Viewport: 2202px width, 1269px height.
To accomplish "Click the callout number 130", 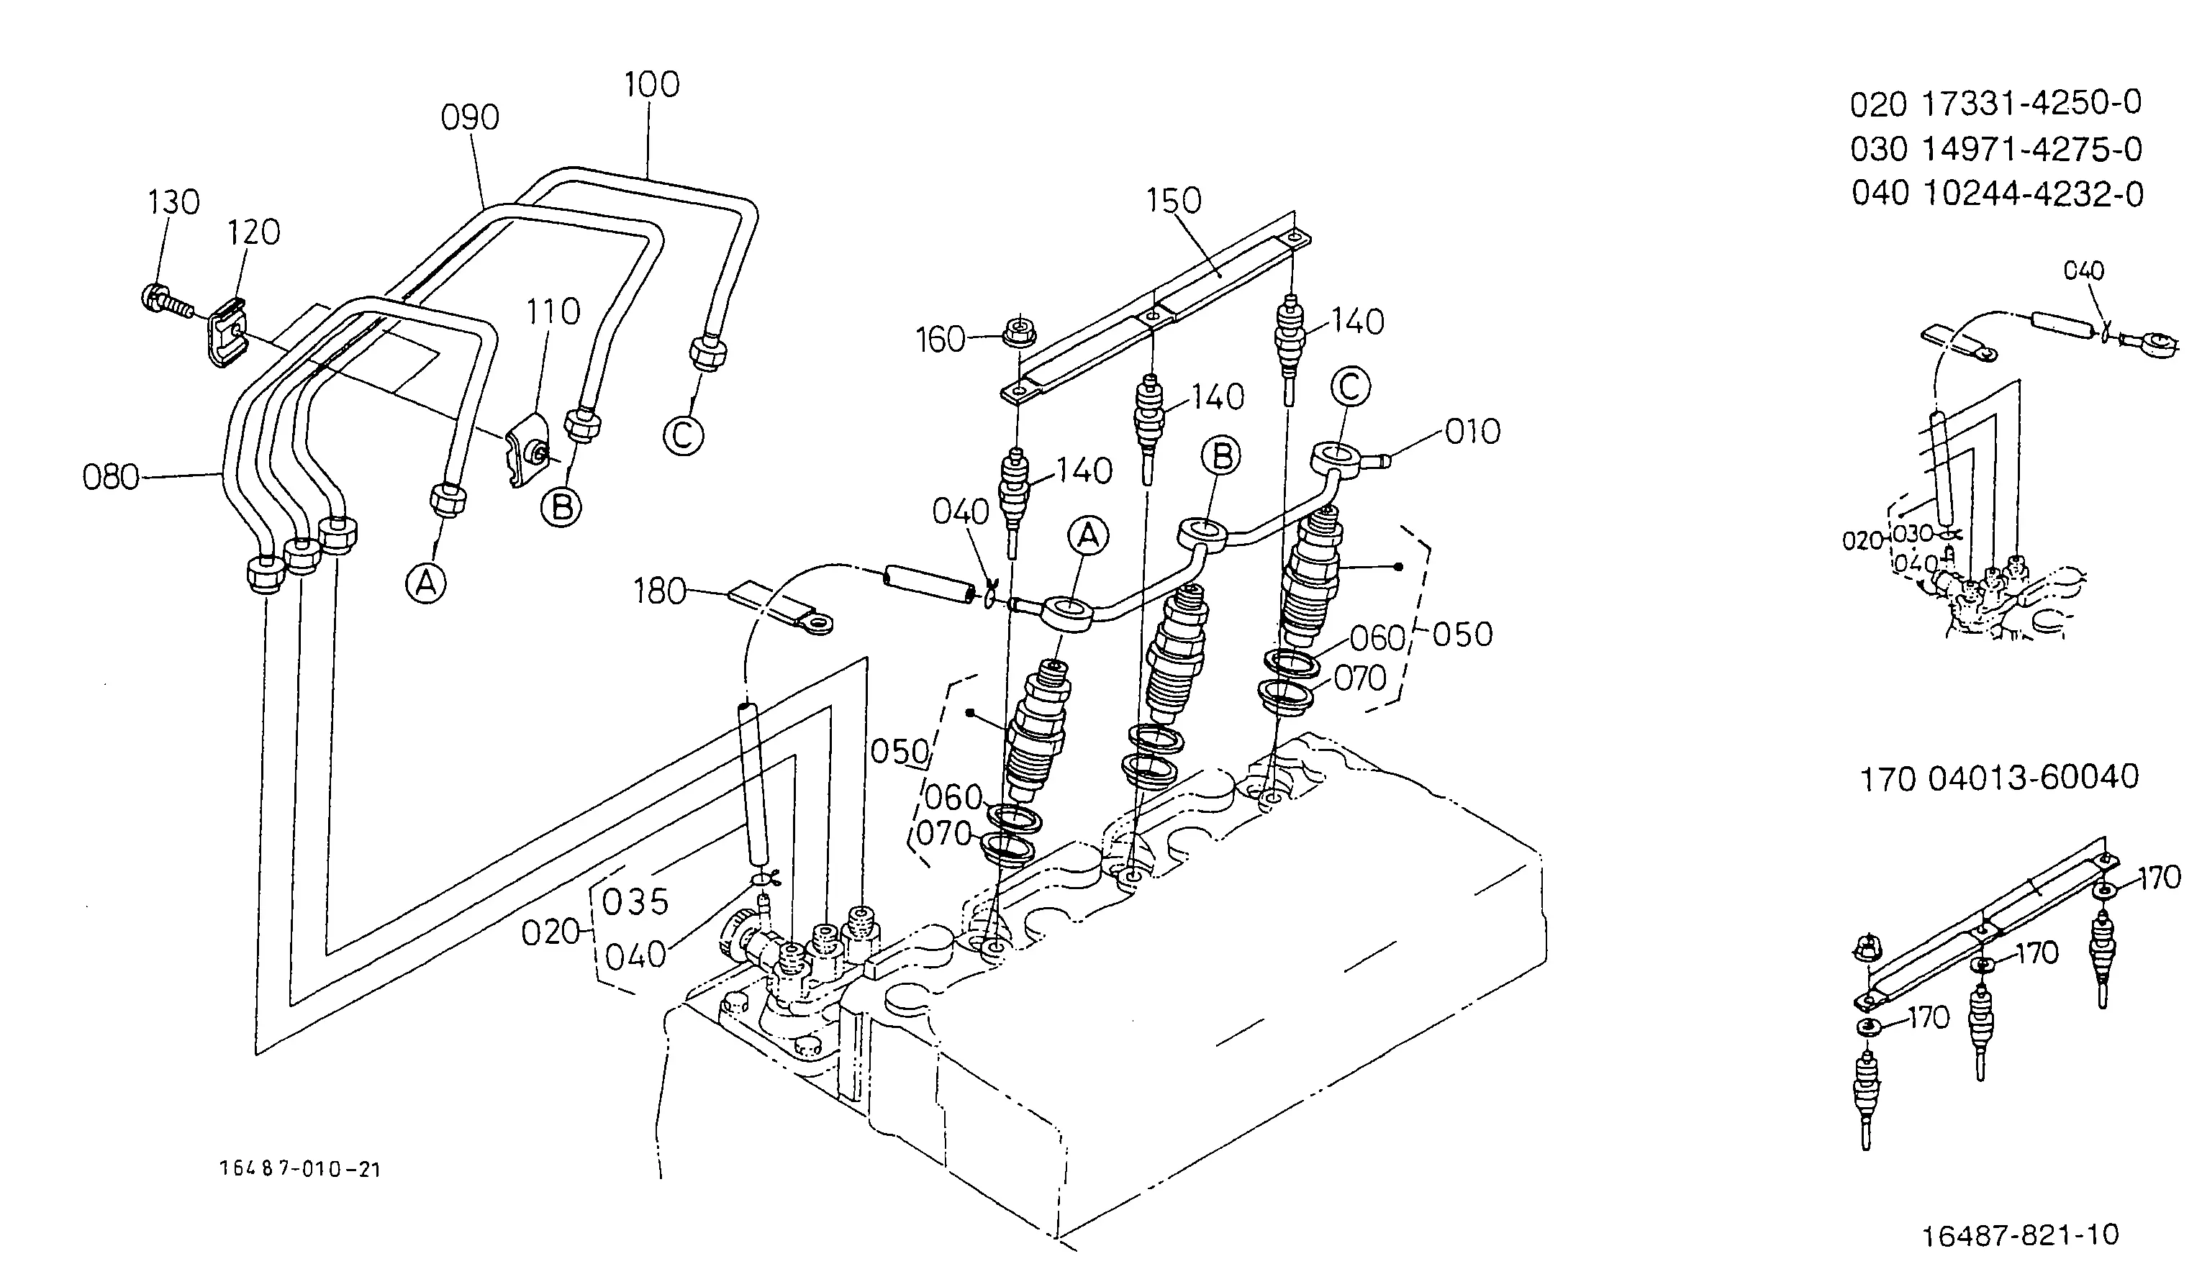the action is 173,202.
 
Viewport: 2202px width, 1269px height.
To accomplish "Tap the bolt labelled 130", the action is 166,301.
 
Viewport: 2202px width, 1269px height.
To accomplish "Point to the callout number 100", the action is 651,85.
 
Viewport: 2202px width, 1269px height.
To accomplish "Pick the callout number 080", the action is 111,478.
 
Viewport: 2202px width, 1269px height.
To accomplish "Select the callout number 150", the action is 1174,201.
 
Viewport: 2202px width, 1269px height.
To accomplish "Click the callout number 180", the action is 661,592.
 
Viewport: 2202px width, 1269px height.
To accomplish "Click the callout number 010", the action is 1472,432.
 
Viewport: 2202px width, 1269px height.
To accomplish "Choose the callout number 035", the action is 635,903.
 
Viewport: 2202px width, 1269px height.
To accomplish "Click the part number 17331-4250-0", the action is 2031,104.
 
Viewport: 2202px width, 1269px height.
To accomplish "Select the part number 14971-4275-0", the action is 2032,149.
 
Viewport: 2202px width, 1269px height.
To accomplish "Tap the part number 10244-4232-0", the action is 2033,194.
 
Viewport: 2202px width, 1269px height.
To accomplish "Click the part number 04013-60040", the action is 2033,778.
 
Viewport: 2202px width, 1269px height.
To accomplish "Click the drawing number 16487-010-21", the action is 301,1170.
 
